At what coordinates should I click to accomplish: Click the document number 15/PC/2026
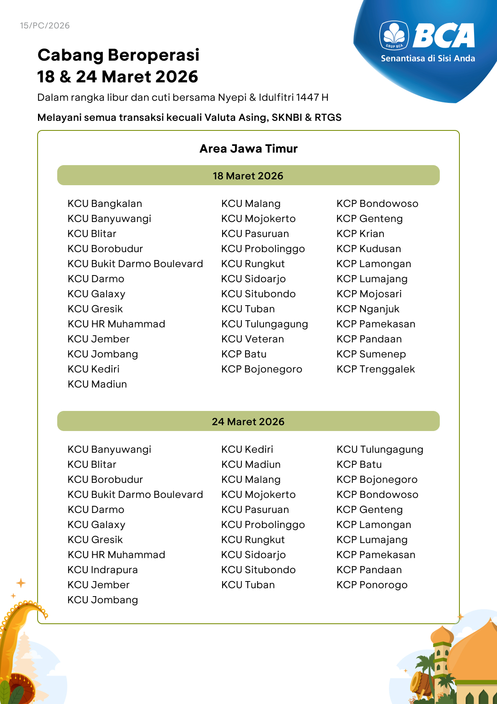coord(45,26)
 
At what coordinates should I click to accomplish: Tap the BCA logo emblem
coord(394,36)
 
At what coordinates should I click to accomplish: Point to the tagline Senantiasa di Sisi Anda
coord(428,59)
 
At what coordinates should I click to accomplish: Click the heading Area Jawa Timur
coord(248,149)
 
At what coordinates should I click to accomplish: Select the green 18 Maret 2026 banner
coord(248,176)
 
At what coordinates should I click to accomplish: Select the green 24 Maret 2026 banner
coord(248,421)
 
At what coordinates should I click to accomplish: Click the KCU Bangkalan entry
coord(105,204)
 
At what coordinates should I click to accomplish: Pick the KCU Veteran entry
coord(253,339)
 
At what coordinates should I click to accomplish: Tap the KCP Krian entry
coord(360,234)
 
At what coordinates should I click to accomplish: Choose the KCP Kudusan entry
coord(369,249)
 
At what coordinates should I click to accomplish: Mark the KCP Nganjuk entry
coord(368,309)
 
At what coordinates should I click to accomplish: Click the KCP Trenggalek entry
coord(376,369)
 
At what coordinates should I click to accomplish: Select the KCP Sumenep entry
coord(371,354)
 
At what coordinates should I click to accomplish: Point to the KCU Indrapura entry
coord(103,570)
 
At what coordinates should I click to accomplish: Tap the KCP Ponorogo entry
coord(372,585)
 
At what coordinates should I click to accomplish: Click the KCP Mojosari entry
coord(369,294)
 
